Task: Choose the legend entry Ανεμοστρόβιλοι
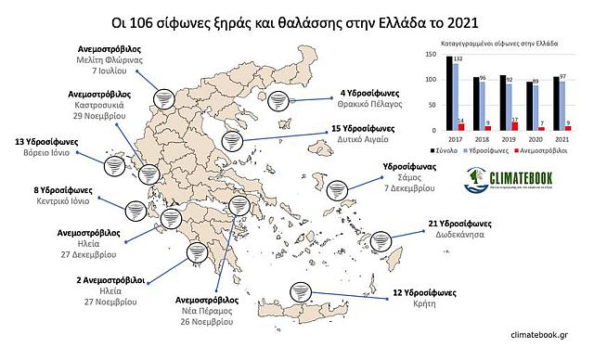(550, 148)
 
